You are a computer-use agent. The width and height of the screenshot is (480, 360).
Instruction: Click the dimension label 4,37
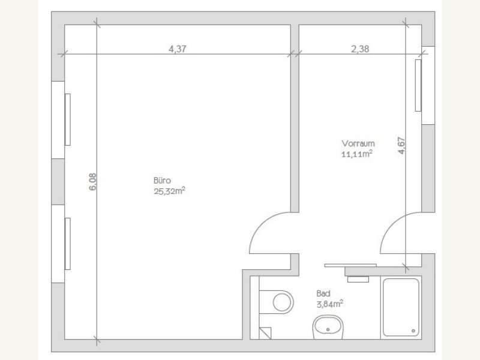[x=178, y=50]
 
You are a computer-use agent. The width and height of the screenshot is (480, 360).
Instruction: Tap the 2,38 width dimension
[x=359, y=50]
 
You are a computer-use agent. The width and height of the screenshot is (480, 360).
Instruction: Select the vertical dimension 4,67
[x=401, y=146]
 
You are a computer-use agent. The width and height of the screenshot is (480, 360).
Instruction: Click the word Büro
[x=163, y=180]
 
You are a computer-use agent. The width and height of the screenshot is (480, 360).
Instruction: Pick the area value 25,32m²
[x=168, y=191]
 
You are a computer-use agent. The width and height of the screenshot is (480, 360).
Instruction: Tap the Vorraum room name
[x=358, y=143]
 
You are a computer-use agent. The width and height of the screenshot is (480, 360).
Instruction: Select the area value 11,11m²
[x=358, y=154]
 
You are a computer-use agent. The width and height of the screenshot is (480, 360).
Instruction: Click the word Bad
[x=323, y=293]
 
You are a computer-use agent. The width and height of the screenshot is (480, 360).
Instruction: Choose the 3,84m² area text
[x=329, y=304]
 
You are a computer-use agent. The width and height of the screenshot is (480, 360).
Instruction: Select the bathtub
[x=401, y=307]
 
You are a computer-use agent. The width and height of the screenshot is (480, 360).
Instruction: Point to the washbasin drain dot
[x=328, y=329]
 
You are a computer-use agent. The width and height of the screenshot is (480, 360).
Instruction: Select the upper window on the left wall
[x=67, y=119]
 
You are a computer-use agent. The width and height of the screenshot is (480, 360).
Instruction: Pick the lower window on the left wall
[x=67, y=244]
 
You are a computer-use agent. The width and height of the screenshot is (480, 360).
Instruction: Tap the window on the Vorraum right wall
[x=418, y=85]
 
